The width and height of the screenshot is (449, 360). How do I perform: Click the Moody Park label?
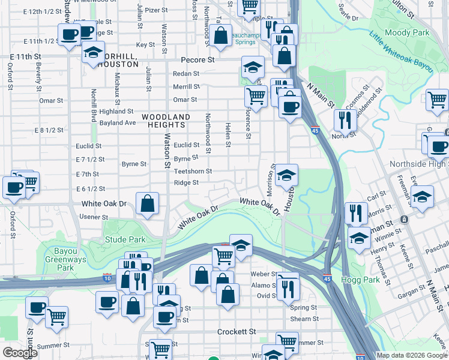coord(408,32)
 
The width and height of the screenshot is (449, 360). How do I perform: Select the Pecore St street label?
coord(198,61)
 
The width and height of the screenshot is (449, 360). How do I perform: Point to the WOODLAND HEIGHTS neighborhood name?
coord(166,121)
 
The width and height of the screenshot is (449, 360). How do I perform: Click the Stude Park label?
coord(125,239)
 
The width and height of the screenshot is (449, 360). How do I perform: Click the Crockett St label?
coord(236,332)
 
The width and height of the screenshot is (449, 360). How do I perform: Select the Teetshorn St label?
coord(193,171)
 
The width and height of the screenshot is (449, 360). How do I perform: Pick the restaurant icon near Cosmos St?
coord(345,119)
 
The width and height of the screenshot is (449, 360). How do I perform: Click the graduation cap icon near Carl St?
coord(422,196)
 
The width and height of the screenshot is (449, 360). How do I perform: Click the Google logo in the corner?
coord(20,353)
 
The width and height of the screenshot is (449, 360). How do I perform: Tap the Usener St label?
coord(93,216)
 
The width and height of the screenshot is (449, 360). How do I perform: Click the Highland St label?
coord(116,111)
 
